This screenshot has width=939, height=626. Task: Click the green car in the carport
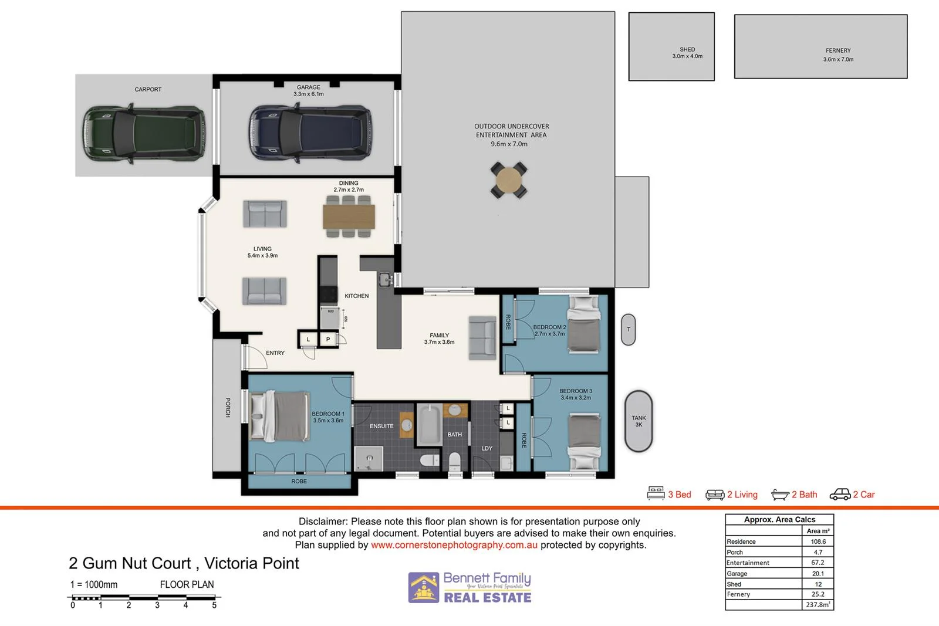pos(144,134)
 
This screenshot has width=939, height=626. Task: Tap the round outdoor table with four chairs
pos(508,181)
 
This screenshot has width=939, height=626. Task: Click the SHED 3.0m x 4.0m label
pos(687,53)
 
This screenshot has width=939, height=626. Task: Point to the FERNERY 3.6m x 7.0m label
pos(838,55)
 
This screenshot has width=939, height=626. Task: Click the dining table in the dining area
pos(349,216)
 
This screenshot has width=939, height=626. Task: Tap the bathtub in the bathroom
pos(430,425)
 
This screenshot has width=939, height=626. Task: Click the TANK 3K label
pos(639,421)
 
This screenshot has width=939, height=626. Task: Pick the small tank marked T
pos(628,329)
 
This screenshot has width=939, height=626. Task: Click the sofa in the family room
pos(482,338)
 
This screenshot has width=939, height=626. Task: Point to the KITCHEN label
pos(357,296)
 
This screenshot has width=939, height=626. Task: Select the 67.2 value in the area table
pos(818,562)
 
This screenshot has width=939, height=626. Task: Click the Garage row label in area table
pos(737,573)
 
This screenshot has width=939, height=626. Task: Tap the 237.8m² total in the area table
pos(818,604)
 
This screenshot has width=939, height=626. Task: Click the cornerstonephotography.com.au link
pos(454,545)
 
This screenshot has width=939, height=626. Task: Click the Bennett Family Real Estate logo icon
pos(424,587)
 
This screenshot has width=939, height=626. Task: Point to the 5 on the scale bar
pos(214,605)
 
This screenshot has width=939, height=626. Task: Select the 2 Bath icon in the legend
pos(780,495)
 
